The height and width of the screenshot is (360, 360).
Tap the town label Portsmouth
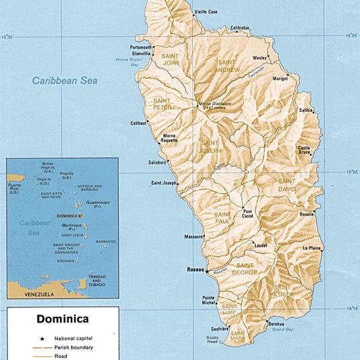[x=141, y=47]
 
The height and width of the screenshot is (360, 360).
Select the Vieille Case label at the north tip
[x=206, y=12]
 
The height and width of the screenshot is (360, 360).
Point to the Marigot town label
[x=280, y=79]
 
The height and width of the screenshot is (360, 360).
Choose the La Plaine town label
[x=313, y=247]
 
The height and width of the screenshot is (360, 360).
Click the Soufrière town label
[x=220, y=329]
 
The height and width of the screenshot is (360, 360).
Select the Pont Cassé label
[x=247, y=215]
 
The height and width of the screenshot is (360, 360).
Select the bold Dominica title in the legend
[x=62, y=319]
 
